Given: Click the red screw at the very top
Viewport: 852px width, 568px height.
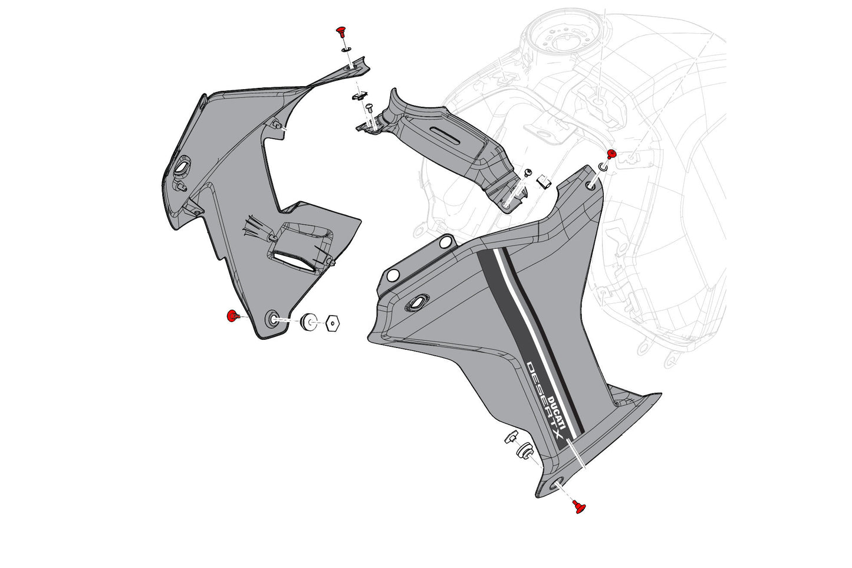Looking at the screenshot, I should pyautogui.click(x=341, y=30).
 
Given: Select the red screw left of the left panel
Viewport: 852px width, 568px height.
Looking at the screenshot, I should pyautogui.click(x=232, y=317).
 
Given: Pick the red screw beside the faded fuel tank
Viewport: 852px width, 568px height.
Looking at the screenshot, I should pyautogui.click(x=611, y=155).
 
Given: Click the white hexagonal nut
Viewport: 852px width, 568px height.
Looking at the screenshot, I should pyautogui.click(x=333, y=323).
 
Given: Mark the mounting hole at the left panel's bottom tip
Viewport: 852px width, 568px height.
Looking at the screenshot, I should pyautogui.click(x=274, y=320).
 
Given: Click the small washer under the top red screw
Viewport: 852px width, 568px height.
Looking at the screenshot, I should pyautogui.click(x=347, y=49).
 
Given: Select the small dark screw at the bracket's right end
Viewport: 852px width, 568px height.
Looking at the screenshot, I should pyautogui.click(x=528, y=172).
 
